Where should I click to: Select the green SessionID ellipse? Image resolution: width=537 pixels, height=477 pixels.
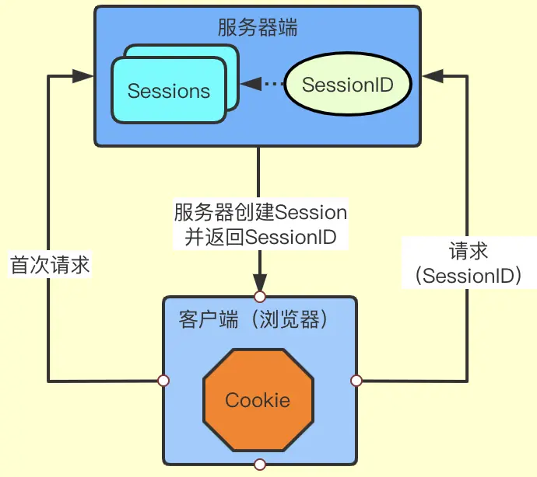point(346,84)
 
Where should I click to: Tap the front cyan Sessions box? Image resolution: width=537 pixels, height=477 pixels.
point(169,91)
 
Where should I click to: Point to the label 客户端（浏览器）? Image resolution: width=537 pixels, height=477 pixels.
point(252,319)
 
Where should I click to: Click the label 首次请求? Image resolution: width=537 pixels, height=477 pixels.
point(50,266)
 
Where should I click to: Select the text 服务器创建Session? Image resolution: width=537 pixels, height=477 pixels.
point(260,212)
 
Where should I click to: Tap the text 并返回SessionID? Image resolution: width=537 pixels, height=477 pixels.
point(260,237)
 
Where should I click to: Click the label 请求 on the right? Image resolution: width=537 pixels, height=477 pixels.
point(469,251)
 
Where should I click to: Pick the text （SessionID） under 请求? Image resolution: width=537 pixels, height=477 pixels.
point(469,275)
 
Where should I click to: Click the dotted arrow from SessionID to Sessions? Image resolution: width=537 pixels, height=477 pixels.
point(261,84)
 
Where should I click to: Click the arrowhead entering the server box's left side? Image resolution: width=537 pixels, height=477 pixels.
point(82,76)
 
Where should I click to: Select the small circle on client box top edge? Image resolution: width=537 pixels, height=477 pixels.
point(260,296)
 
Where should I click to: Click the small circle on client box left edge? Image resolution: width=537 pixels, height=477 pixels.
point(163,381)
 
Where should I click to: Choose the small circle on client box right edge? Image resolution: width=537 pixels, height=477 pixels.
point(356,381)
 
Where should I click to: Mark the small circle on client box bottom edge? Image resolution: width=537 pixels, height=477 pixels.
point(260,465)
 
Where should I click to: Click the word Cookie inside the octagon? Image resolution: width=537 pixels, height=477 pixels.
point(258,400)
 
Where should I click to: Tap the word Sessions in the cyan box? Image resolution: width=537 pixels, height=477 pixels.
point(169,91)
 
